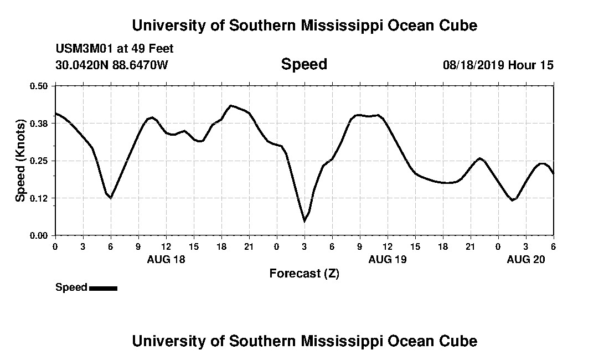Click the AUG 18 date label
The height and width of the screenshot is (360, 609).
click(166, 259)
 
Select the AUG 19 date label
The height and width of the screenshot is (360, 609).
click(388, 259)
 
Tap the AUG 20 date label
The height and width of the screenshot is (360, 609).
click(526, 259)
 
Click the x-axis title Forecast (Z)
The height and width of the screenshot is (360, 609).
click(304, 274)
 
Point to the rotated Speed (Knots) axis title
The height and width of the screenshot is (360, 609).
click(20, 161)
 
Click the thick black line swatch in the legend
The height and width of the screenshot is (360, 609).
click(103, 288)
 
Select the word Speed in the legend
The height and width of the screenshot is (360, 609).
click(71, 287)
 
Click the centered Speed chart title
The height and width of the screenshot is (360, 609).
click(304, 64)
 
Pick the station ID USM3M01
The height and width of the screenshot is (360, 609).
click(84, 49)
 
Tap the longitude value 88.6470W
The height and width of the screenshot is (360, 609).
click(140, 65)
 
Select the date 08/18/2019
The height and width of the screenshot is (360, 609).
click(473, 65)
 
